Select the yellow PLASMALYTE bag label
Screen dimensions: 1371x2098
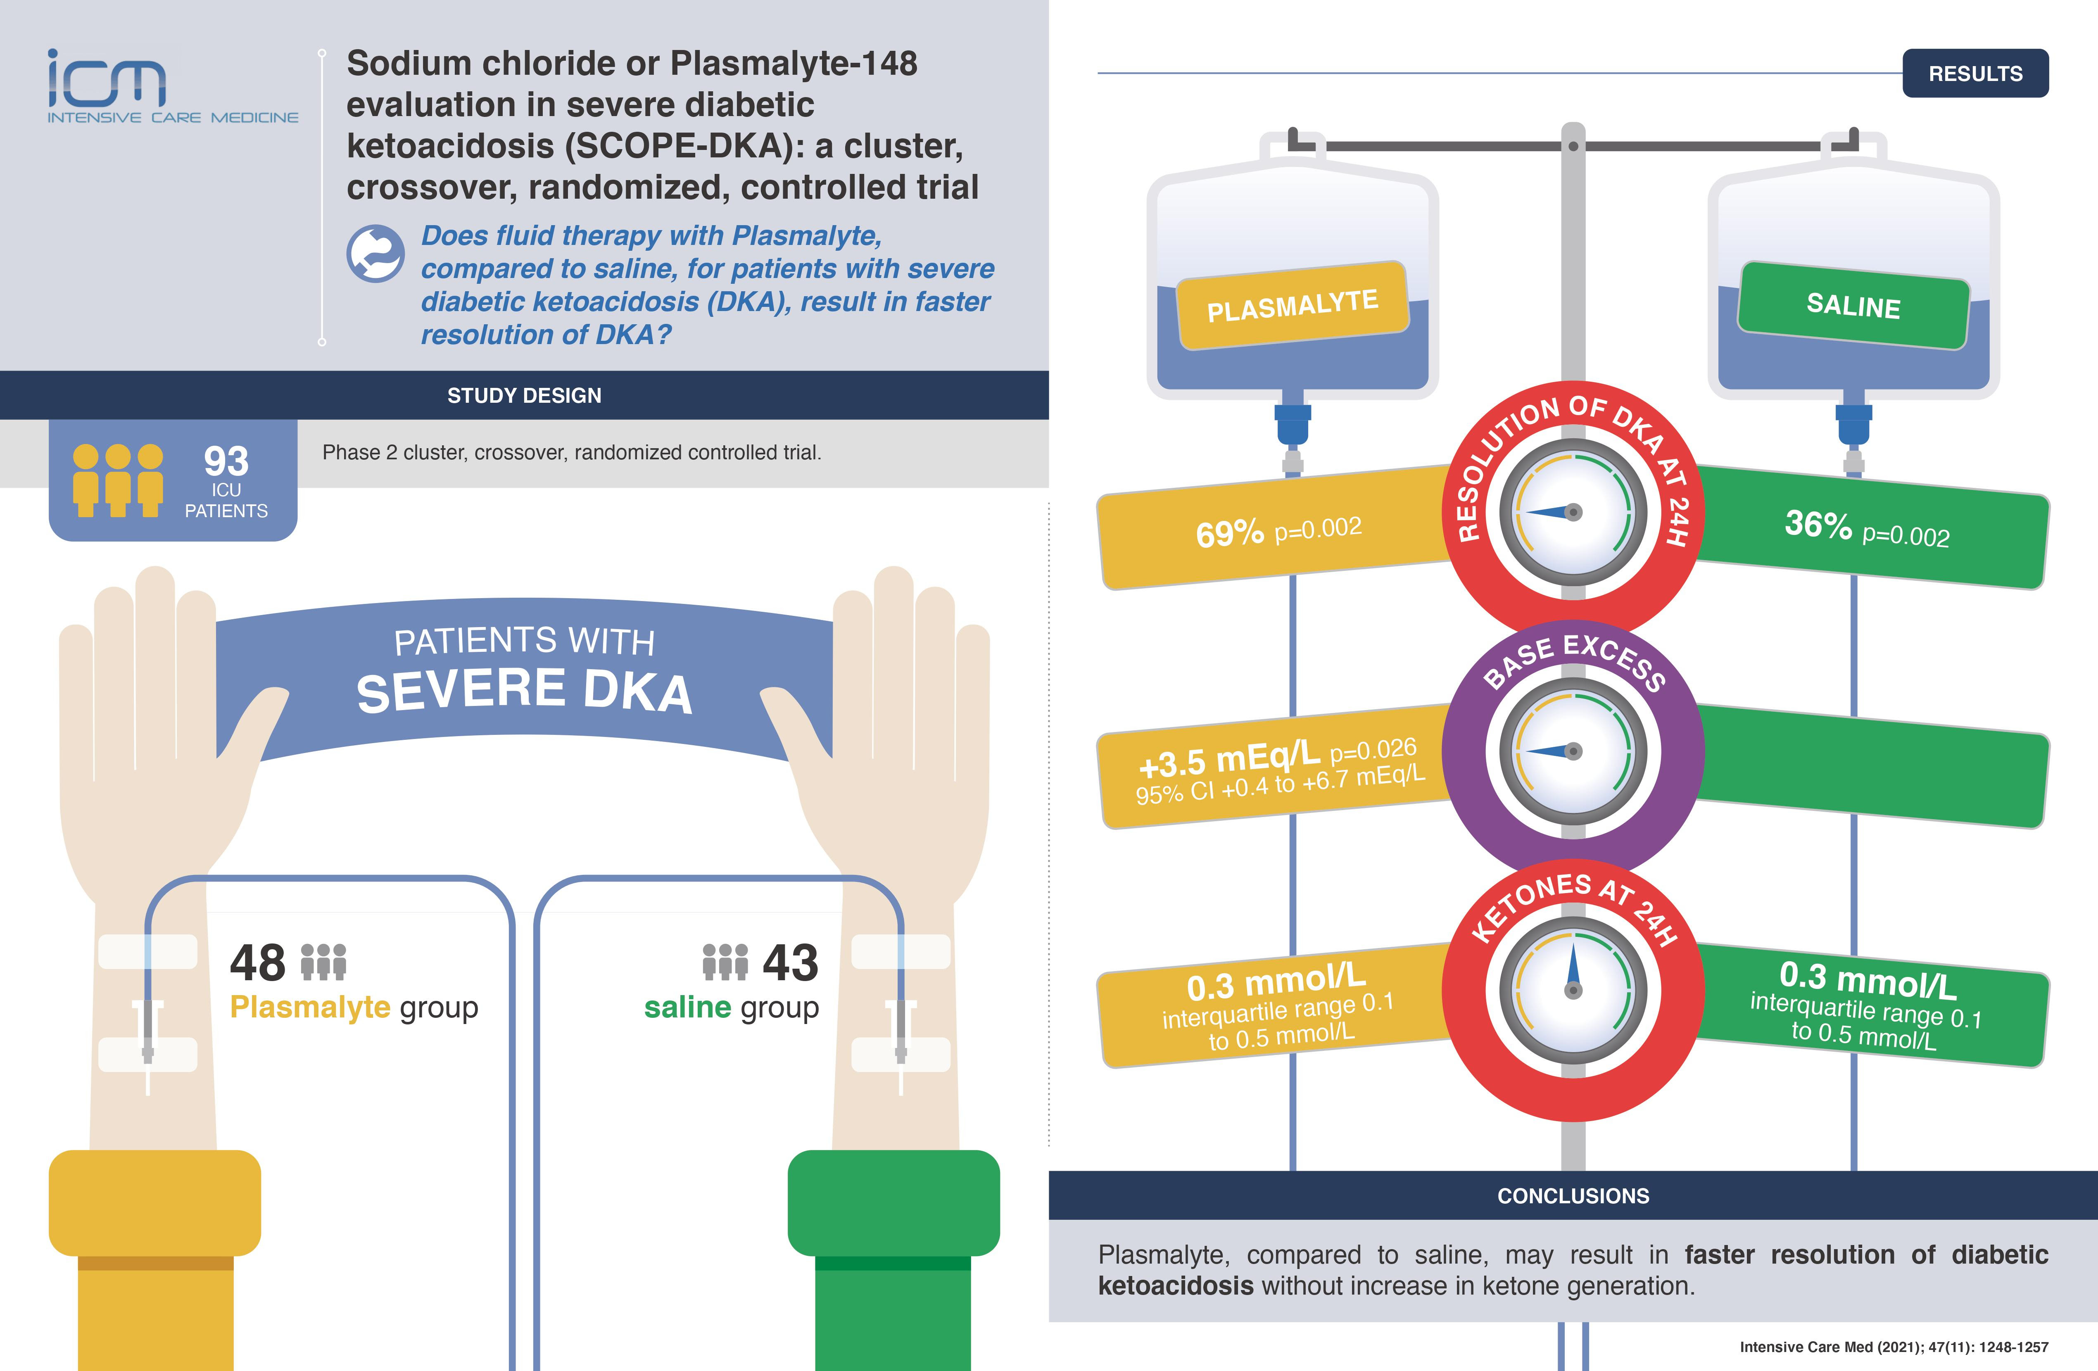tap(1292, 305)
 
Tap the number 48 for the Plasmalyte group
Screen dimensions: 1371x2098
tap(257, 963)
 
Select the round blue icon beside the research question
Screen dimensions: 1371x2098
tap(375, 254)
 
